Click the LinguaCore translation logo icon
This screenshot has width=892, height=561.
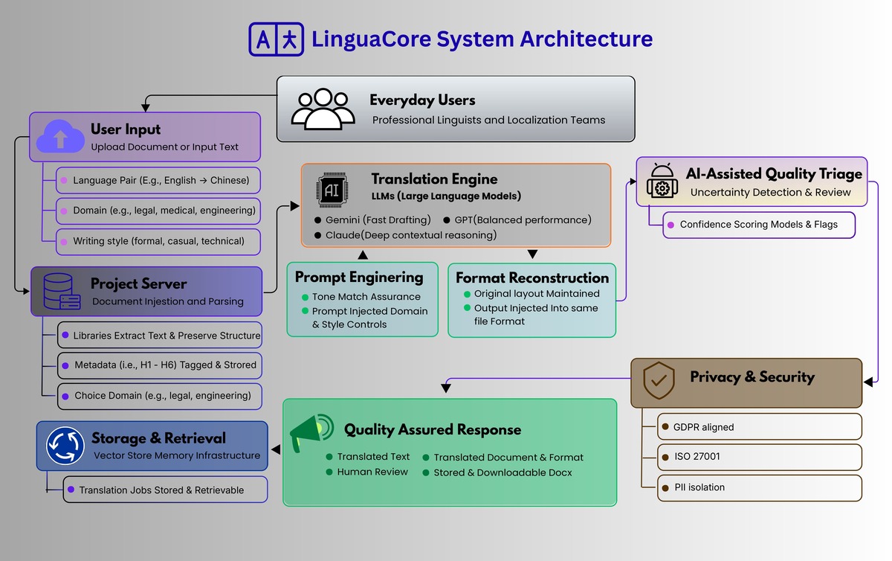pyautogui.click(x=277, y=39)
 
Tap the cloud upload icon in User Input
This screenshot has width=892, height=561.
pyautogui.click(x=59, y=137)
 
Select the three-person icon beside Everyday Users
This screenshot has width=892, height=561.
pyautogui.click(x=323, y=109)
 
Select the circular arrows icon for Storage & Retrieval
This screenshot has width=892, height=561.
pyautogui.click(x=65, y=445)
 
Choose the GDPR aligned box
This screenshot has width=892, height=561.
pyautogui.click(x=759, y=427)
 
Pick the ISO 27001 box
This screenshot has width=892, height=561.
pyautogui.click(x=759, y=457)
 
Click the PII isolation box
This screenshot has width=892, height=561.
pyautogui.click(x=759, y=487)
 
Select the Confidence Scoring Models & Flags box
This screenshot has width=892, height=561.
pyautogui.click(x=758, y=225)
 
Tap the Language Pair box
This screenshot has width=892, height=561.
pyautogui.click(x=158, y=180)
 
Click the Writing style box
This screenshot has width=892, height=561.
pyautogui.click(x=158, y=241)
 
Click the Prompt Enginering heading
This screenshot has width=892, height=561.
pyautogui.click(x=359, y=277)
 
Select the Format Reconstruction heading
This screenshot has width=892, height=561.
pyautogui.click(x=531, y=278)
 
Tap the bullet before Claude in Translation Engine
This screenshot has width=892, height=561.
pyautogui.click(x=317, y=235)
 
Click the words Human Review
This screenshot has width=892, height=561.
pyautogui.click(x=372, y=472)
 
